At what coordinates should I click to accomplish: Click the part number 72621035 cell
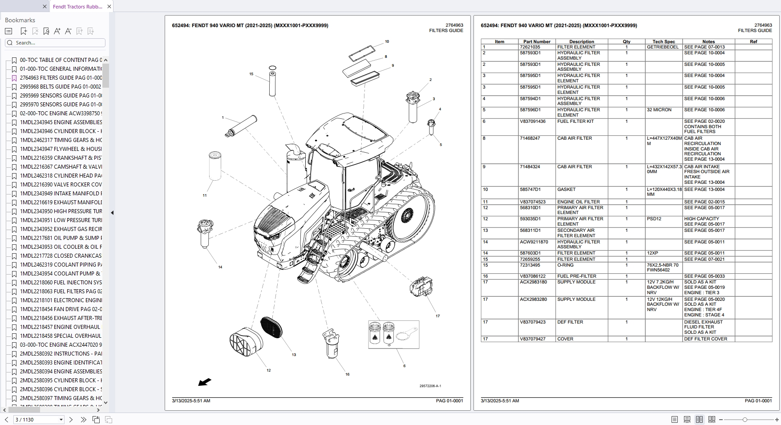coord(530,47)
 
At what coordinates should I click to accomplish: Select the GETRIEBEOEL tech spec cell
coord(663,47)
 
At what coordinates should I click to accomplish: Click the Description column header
coord(581,41)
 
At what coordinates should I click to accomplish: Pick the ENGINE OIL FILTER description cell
coord(578,202)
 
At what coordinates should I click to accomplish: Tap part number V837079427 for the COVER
coord(533,339)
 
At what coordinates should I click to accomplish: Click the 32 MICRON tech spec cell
coord(659,110)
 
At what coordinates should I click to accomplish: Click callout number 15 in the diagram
coord(251,74)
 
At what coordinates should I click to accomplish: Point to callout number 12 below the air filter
coord(268,370)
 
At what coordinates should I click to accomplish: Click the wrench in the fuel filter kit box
coord(406,334)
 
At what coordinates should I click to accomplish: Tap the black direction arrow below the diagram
coord(205,382)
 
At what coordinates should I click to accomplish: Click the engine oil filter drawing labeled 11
coord(215,166)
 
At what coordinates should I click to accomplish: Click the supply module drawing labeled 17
coord(421,287)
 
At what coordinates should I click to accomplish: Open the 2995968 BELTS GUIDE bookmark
coord(60,87)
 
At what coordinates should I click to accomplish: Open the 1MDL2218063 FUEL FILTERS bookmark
coord(61,291)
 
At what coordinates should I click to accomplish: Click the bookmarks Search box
coord(56,43)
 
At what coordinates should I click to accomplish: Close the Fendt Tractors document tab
coord(109,6)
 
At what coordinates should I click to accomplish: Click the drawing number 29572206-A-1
coord(430,386)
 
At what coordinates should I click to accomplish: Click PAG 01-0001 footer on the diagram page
coord(449,401)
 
